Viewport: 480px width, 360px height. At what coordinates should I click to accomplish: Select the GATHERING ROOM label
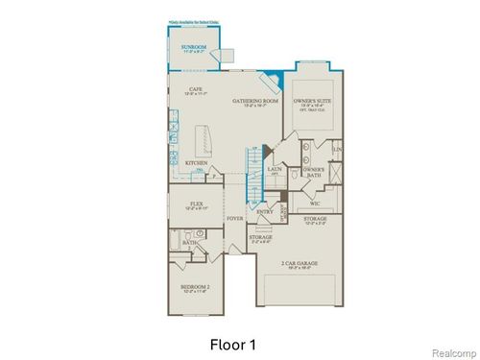254,101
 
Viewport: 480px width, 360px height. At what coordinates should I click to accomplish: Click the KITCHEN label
197,162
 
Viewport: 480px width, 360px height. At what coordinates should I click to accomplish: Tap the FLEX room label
196,204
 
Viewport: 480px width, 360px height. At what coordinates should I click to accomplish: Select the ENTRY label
265,211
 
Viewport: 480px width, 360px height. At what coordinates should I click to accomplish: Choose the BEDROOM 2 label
196,286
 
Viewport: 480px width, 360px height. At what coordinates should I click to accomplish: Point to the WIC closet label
315,204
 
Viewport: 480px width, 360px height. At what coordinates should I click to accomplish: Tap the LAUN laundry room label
275,169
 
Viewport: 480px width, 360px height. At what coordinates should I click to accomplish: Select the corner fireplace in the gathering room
276,76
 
